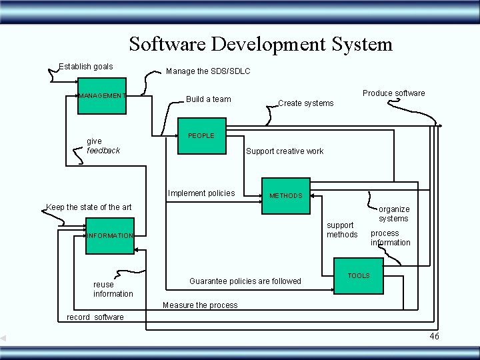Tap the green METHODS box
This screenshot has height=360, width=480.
(x=285, y=196)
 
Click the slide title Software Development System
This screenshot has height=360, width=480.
(x=261, y=44)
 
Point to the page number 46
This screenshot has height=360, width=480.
(x=434, y=336)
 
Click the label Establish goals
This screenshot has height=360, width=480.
(x=86, y=67)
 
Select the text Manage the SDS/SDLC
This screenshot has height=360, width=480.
(x=208, y=71)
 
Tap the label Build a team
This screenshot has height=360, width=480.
(x=209, y=99)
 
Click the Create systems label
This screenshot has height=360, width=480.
(x=305, y=103)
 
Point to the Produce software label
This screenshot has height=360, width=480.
(x=393, y=93)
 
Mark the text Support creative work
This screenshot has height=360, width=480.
(x=285, y=151)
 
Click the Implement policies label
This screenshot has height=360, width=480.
(x=201, y=193)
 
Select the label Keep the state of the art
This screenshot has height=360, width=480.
(x=89, y=207)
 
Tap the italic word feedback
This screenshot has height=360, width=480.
(x=103, y=151)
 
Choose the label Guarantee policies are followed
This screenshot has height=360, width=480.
(x=245, y=281)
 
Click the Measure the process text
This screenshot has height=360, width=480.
(x=200, y=305)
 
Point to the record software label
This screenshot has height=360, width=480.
(x=95, y=317)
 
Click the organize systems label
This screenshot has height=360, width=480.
(x=394, y=214)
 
